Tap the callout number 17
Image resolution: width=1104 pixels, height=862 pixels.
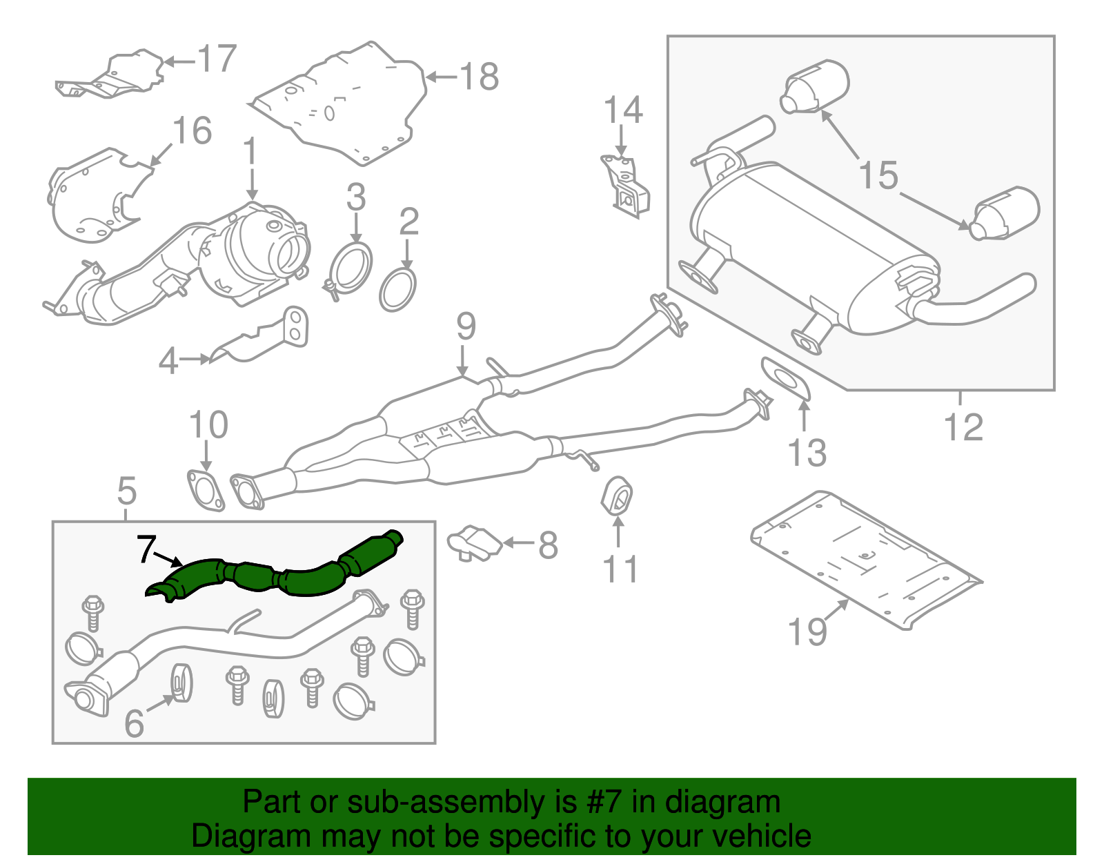pyautogui.click(x=217, y=59)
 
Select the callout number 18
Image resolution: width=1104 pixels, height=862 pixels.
pyautogui.click(x=479, y=77)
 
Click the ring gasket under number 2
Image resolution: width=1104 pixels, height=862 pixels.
pyautogui.click(x=398, y=291)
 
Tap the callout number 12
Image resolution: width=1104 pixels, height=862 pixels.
pyautogui.click(x=963, y=427)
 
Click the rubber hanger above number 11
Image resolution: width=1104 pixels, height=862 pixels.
pyautogui.click(x=618, y=496)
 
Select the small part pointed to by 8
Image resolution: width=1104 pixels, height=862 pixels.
pyautogui.click(x=474, y=542)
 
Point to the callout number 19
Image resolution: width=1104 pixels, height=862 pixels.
pyautogui.click(x=807, y=631)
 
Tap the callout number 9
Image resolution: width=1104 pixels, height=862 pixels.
pyautogui.click(x=466, y=326)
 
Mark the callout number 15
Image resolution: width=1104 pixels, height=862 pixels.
pyautogui.click(x=878, y=175)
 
